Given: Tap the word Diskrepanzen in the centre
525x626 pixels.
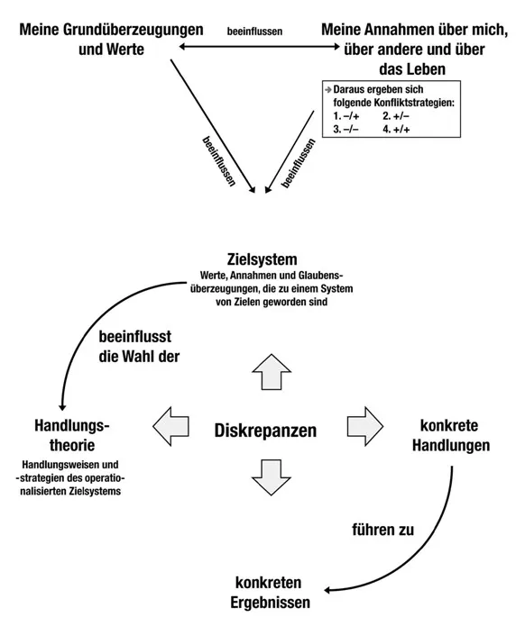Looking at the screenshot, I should [265, 430].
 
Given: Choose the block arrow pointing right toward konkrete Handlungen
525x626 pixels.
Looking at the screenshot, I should [364, 424].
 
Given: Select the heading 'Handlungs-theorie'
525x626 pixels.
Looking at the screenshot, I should [71, 434].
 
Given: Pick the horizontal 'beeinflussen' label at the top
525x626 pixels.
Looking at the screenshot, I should [256, 31].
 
